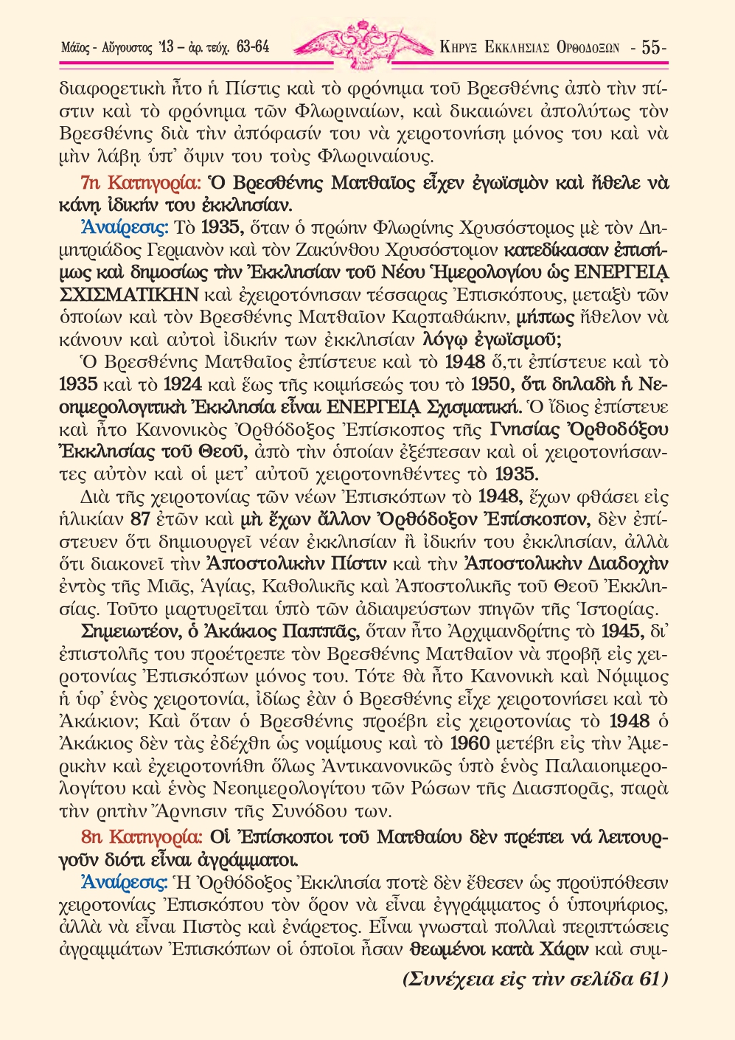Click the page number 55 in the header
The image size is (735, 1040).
652,48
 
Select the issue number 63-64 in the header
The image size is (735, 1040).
253,48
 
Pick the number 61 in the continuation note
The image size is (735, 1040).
648,980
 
